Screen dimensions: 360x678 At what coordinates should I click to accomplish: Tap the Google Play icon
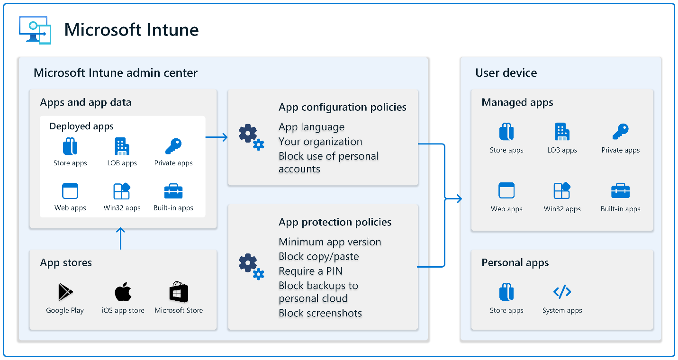[x=65, y=292]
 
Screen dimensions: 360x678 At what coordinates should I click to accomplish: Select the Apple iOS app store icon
[x=123, y=292]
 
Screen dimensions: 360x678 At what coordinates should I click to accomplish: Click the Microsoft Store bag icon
[x=179, y=292]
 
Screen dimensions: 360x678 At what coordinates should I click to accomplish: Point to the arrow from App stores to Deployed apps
[x=120, y=238]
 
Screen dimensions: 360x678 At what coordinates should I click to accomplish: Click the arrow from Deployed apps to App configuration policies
[x=217, y=137]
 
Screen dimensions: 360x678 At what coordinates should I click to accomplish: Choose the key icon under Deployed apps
[x=173, y=146]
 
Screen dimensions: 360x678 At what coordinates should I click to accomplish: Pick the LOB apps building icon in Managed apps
[x=562, y=132]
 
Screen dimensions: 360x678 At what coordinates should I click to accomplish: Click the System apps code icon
[x=562, y=292]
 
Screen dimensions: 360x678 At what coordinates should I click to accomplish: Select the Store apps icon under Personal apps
[x=506, y=292]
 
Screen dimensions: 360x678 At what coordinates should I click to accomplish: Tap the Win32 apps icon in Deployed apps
[x=122, y=191]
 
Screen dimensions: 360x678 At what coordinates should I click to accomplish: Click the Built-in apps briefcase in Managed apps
[x=620, y=191]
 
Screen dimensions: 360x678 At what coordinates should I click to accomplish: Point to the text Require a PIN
[x=310, y=271]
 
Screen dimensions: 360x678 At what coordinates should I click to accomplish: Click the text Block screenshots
[x=320, y=313]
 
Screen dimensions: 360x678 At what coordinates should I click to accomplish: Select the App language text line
[x=311, y=127]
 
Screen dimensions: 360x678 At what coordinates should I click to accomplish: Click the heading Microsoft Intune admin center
[x=116, y=73]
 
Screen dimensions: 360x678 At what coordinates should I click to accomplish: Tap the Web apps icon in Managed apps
[x=506, y=191]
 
